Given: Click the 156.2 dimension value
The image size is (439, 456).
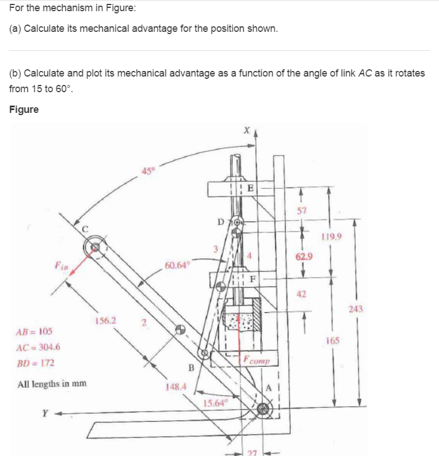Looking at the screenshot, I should click(106, 320).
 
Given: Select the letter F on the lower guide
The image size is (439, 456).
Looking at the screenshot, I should click(252, 277).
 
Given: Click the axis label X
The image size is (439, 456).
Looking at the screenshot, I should click(244, 130).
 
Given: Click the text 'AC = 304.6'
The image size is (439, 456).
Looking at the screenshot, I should click(38, 346).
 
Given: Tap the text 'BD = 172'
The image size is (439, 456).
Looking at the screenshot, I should click(34, 363).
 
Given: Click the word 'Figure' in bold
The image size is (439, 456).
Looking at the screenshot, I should click(24, 110).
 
